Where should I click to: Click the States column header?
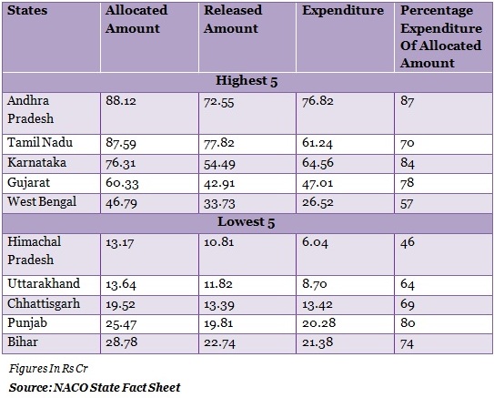pyautogui.click(x=27, y=10)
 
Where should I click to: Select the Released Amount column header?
pyautogui.click(x=233, y=19)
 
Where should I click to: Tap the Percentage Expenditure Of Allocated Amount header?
pyautogui.click(x=441, y=36)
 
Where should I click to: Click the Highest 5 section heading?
pyautogui.click(x=247, y=81)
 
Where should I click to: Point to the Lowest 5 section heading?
pyautogui.click(x=247, y=222)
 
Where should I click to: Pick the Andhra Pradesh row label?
pyautogui.click(x=31, y=109)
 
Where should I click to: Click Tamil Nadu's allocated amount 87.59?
pyautogui.click(x=121, y=143)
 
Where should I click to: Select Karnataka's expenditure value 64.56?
pyautogui.click(x=318, y=163)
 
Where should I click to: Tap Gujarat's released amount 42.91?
pyautogui.click(x=219, y=183)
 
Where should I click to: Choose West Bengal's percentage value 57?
pyautogui.click(x=407, y=204)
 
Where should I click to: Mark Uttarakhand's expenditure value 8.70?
pyautogui.click(x=315, y=284)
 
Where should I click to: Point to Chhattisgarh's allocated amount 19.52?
pyautogui.click(x=120, y=305)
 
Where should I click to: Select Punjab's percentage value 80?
pyautogui.click(x=408, y=322)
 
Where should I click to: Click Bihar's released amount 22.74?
pyautogui.click(x=219, y=342)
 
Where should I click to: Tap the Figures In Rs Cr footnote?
pyautogui.click(x=48, y=368)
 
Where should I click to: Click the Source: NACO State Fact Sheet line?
pyautogui.click(x=95, y=387)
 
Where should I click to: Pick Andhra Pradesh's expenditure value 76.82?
pyautogui.click(x=318, y=101)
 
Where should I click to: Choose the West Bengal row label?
pyautogui.click(x=42, y=202)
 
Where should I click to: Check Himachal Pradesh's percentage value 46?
pyautogui.click(x=408, y=242)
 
